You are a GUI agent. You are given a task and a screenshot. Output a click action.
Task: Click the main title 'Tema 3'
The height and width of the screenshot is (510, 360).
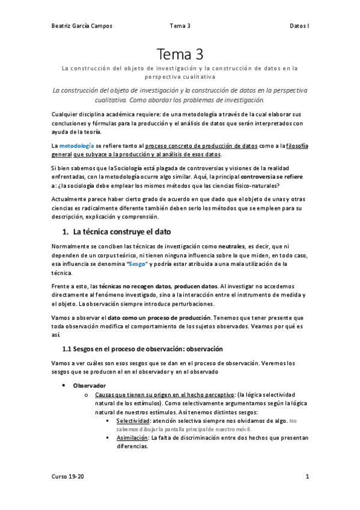(180, 54)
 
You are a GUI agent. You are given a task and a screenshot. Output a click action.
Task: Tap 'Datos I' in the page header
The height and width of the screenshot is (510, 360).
(299, 26)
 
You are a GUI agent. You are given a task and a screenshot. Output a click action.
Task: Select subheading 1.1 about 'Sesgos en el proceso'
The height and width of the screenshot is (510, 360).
(142, 348)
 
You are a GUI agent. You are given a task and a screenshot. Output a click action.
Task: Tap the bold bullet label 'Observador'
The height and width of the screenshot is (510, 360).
(90, 385)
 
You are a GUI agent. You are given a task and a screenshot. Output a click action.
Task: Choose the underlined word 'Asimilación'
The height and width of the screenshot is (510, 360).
(132, 438)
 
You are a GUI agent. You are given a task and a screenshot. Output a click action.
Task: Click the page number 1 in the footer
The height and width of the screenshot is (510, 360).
(307, 477)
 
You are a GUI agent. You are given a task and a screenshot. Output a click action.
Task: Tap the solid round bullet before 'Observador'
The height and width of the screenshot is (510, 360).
(64, 385)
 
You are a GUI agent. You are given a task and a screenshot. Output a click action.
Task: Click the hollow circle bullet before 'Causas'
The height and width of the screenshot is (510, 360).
(87, 395)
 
